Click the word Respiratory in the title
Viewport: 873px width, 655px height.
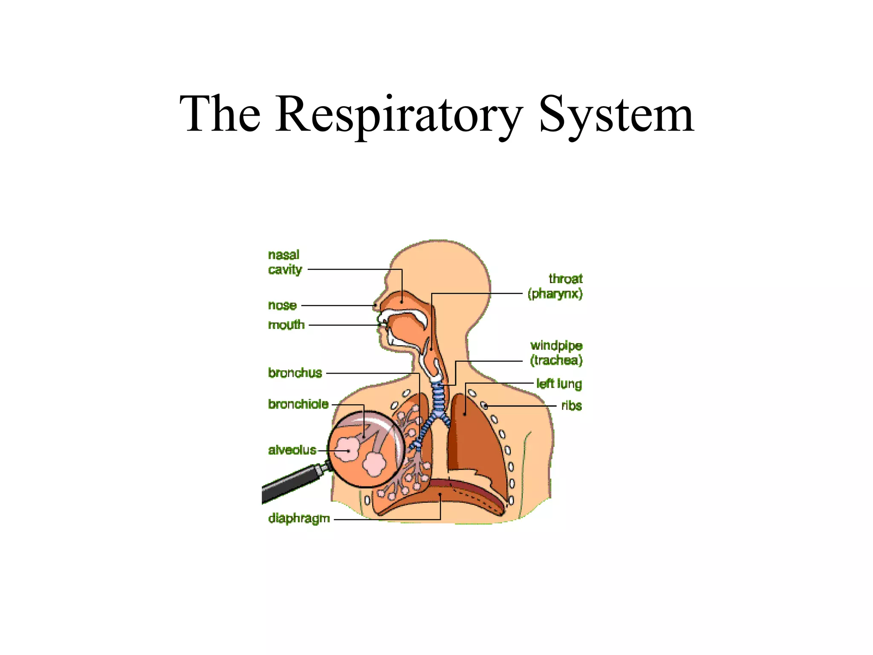[x=399, y=114]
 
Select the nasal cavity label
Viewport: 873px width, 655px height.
[x=285, y=262]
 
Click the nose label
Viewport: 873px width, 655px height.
[x=282, y=305]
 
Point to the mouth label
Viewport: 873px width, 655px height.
[x=286, y=325]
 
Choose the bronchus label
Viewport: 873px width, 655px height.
[x=295, y=373]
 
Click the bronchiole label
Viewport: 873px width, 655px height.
[x=298, y=404]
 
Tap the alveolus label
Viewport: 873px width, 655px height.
[x=292, y=450]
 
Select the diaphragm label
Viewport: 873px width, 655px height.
[x=299, y=518]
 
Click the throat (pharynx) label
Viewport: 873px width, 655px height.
[x=555, y=286]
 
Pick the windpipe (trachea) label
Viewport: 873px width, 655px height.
[x=556, y=353]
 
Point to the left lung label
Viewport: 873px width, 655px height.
[x=559, y=384]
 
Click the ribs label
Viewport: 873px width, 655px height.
[x=571, y=406]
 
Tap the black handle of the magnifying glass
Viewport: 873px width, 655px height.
[x=290, y=484]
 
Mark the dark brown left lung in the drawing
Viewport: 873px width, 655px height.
[x=473, y=439]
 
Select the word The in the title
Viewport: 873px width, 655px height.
[x=220, y=114]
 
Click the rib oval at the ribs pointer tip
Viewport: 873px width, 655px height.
[x=484, y=406]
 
